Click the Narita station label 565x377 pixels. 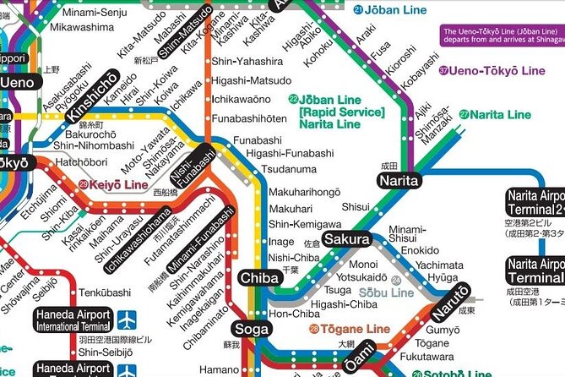[399, 180]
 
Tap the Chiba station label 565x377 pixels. [259, 277]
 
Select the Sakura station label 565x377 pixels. [346, 240]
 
